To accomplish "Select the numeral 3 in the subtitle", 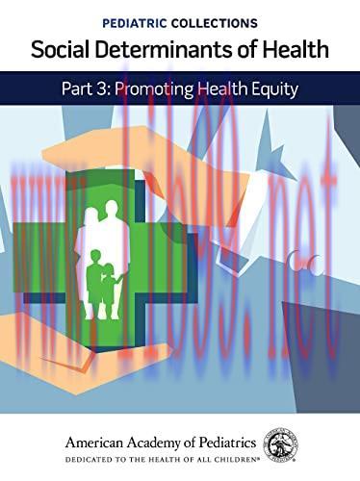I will coord(117,89).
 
